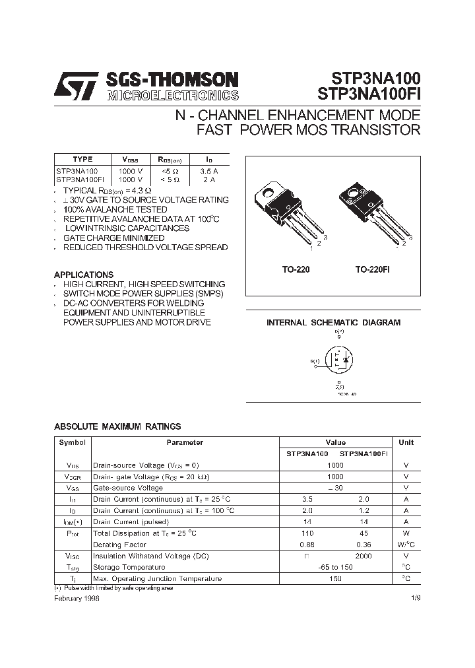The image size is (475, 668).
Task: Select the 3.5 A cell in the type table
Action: (x=209, y=170)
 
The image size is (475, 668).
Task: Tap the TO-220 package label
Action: (x=296, y=270)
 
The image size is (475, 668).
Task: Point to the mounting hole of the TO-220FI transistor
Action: (x=350, y=193)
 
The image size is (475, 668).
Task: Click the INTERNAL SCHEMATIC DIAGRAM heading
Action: (x=333, y=323)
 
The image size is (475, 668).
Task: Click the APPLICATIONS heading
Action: (x=84, y=275)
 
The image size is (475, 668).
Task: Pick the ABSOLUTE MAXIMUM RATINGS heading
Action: (x=117, y=426)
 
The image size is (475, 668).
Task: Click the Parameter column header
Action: (x=185, y=443)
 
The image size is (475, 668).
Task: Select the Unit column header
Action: (x=406, y=443)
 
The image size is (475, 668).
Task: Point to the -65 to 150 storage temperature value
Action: (x=335, y=567)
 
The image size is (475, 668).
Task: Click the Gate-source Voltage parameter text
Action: (x=127, y=488)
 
